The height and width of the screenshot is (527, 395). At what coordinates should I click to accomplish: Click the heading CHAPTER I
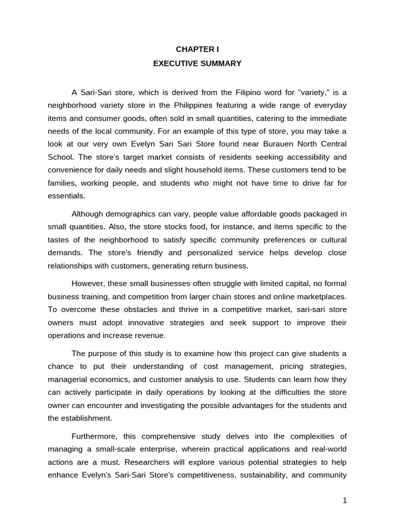[x=197, y=50]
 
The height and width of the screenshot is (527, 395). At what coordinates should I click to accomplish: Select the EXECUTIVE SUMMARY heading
[x=197, y=64]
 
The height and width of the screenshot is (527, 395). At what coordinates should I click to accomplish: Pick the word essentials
[x=66, y=196]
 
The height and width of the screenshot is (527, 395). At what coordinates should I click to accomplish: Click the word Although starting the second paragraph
[x=88, y=214]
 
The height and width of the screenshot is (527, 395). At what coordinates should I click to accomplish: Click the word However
[x=87, y=284]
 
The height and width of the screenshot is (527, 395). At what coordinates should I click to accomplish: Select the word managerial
[x=67, y=379]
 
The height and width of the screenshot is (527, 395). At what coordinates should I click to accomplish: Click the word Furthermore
[x=93, y=436]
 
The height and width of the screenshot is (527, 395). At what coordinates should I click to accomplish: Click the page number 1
[x=345, y=501]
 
